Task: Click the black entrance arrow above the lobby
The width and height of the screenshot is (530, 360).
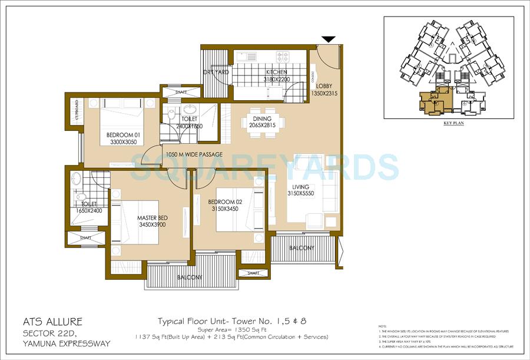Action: coord(329,39)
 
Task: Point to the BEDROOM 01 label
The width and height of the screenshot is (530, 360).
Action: coord(122,138)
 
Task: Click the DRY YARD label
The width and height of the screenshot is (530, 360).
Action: coord(216,72)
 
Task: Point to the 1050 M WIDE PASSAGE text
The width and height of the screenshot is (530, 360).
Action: coord(194,155)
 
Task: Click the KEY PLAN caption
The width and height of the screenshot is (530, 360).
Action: coord(453,124)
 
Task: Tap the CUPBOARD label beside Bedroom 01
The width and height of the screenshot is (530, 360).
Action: coord(77,110)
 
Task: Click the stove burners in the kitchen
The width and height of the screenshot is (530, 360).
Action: coord(283,57)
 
